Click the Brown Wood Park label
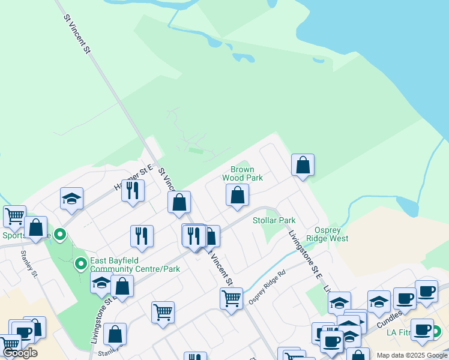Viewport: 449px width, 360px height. (243, 174)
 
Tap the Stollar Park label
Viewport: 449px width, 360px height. (274, 221)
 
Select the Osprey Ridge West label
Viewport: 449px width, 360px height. (327, 234)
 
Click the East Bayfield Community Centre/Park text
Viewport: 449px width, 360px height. (135, 265)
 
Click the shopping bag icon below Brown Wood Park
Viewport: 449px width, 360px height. (238, 195)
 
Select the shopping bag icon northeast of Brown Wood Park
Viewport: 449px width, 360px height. (303, 164)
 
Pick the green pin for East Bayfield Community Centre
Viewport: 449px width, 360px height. (80, 263)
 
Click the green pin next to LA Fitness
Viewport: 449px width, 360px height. (435, 331)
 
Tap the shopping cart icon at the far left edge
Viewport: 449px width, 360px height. (14, 216)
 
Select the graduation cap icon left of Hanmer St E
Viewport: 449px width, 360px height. (71, 198)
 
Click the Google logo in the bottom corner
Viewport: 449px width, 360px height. (19, 353)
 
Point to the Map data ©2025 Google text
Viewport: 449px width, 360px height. (412, 355)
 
